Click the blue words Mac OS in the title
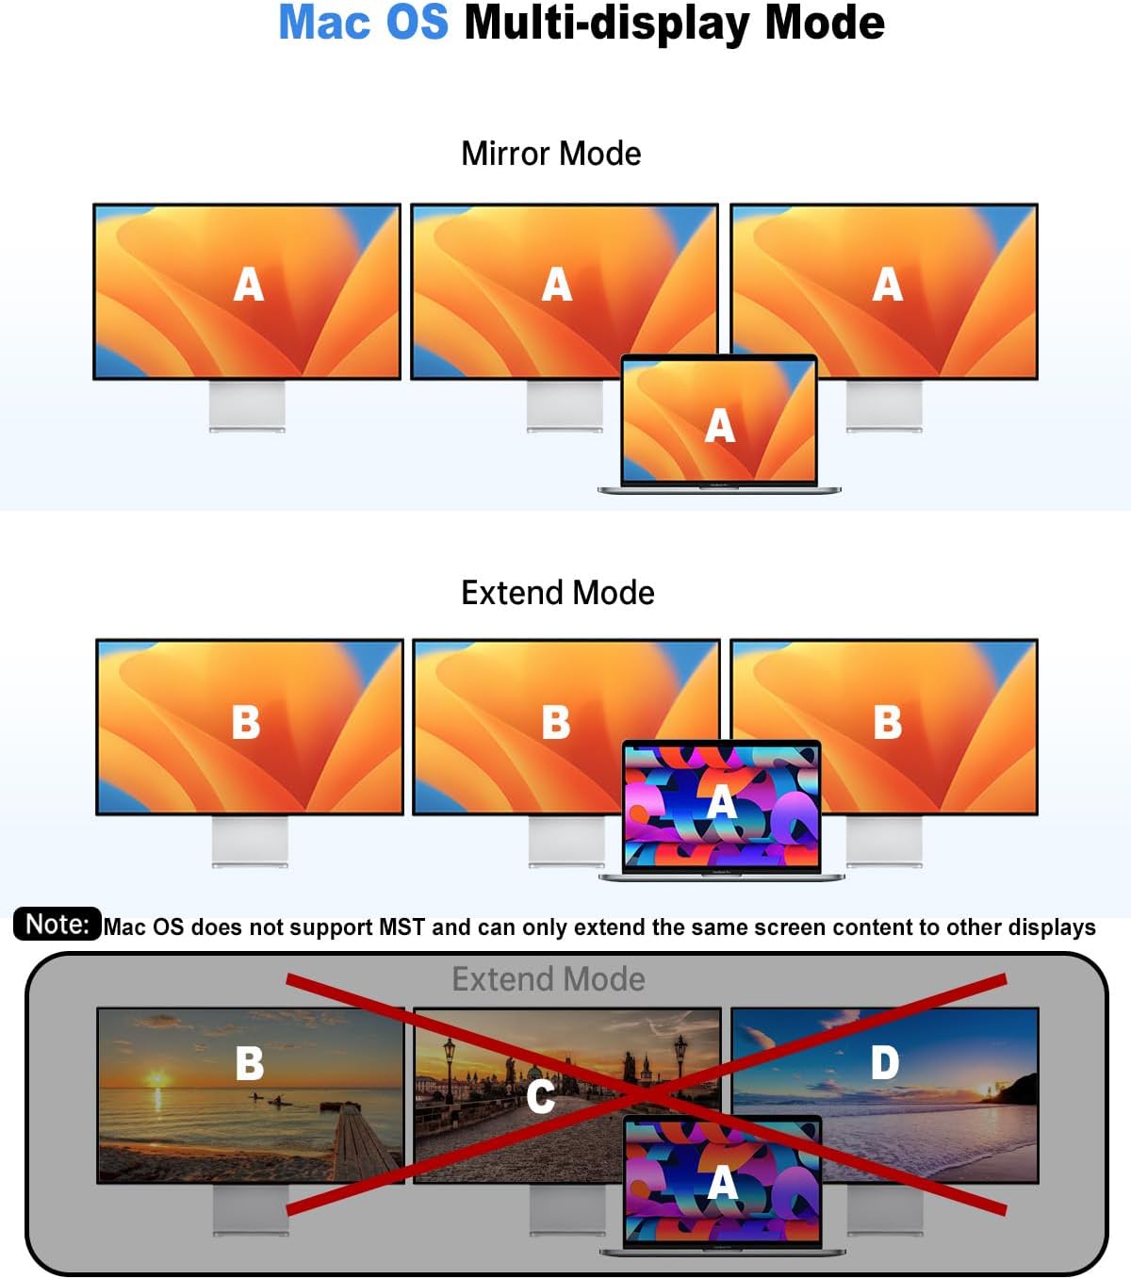[x=363, y=23]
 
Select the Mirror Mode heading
[x=550, y=154]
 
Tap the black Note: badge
[x=57, y=924]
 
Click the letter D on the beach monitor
[x=884, y=1063]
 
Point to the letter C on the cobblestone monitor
[x=540, y=1096]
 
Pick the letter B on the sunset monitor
[x=249, y=1063]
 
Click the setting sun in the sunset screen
[x=156, y=1077]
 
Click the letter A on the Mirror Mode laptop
[x=720, y=426]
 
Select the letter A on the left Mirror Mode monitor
[x=249, y=285]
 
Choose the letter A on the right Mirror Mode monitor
[x=887, y=285]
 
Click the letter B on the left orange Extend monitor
[x=246, y=722]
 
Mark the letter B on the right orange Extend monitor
[x=887, y=722]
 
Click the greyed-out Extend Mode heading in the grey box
[x=549, y=979]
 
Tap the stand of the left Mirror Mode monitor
[x=247, y=406]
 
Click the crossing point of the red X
[x=647, y=1095]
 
